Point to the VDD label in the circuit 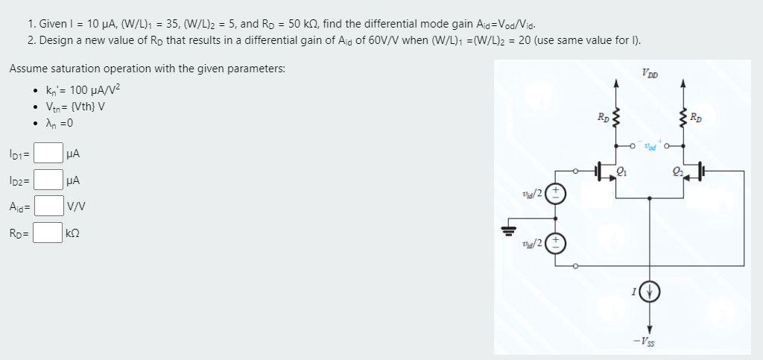[x=648, y=72]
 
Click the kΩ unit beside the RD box [x=73, y=233]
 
